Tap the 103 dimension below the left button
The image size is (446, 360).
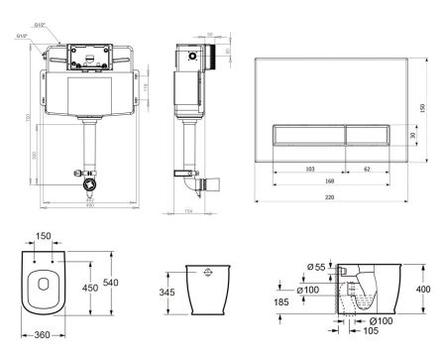coord(309,170)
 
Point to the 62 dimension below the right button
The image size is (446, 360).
coord(368,170)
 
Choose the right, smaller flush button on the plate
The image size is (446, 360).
coord(369,134)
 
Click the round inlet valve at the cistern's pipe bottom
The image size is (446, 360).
coord(92,183)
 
